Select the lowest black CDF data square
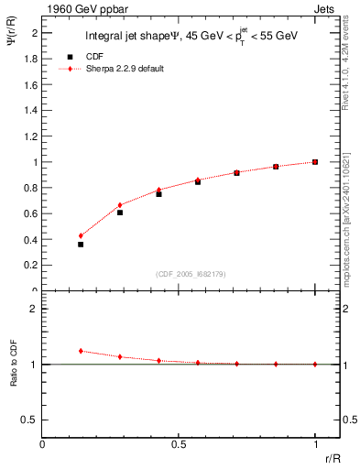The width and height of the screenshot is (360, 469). [81, 245]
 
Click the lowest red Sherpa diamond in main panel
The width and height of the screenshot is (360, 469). [81, 235]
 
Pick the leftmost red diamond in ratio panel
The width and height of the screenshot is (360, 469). [81, 351]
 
